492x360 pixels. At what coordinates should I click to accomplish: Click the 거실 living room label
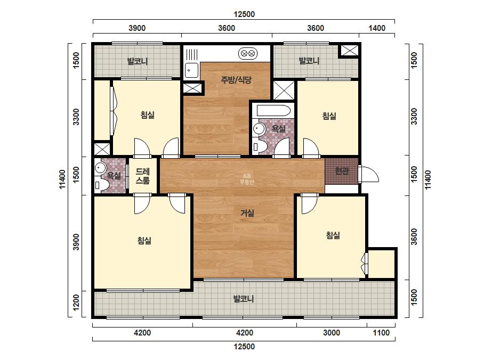(x=247, y=213)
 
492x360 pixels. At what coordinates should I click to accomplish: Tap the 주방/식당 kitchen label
(x=236, y=80)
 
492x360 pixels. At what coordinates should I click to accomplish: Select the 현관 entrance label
(x=341, y=171)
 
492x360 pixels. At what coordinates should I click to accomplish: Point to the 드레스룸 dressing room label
(x=142, y=176)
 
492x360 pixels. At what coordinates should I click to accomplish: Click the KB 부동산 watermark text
(x=247, y=179)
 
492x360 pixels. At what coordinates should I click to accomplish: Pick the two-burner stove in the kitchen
(x=247, y=53)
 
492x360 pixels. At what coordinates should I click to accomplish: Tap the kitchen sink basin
(x=191, y=70)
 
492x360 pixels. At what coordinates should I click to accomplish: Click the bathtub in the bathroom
(x=273, y=111)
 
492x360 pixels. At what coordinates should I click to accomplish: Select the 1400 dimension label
(x=376, y=28)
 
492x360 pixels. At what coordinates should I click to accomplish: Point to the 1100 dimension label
(x=381, y=333)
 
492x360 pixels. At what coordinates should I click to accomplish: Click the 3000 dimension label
(x=332, y=333)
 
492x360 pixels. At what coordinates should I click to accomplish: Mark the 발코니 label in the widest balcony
(x=244, y=299)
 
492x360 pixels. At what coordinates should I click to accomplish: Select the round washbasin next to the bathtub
(x=259, y=128)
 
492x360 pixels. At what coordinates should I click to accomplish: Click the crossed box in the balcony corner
(x=349, y=51)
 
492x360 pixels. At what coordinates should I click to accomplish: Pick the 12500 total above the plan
(x=244, y=14)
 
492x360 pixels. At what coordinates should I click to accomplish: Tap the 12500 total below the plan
(x=244, y=347)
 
